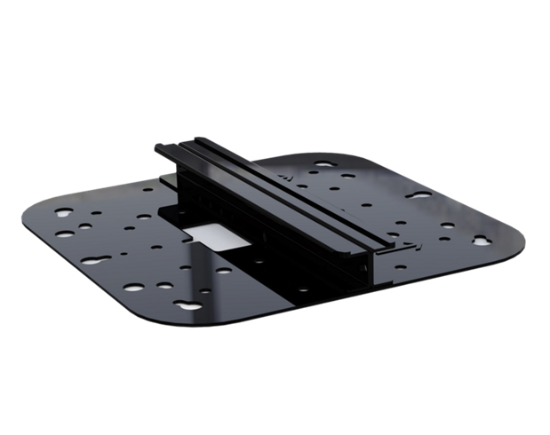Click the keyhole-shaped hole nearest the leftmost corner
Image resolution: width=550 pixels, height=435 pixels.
pos(63,214)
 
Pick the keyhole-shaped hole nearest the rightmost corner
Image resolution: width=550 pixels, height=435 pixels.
pos(481,240)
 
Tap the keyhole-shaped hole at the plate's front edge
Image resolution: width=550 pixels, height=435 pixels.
pos(187,305)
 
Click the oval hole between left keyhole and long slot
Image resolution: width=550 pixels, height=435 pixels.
pos(69,234)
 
